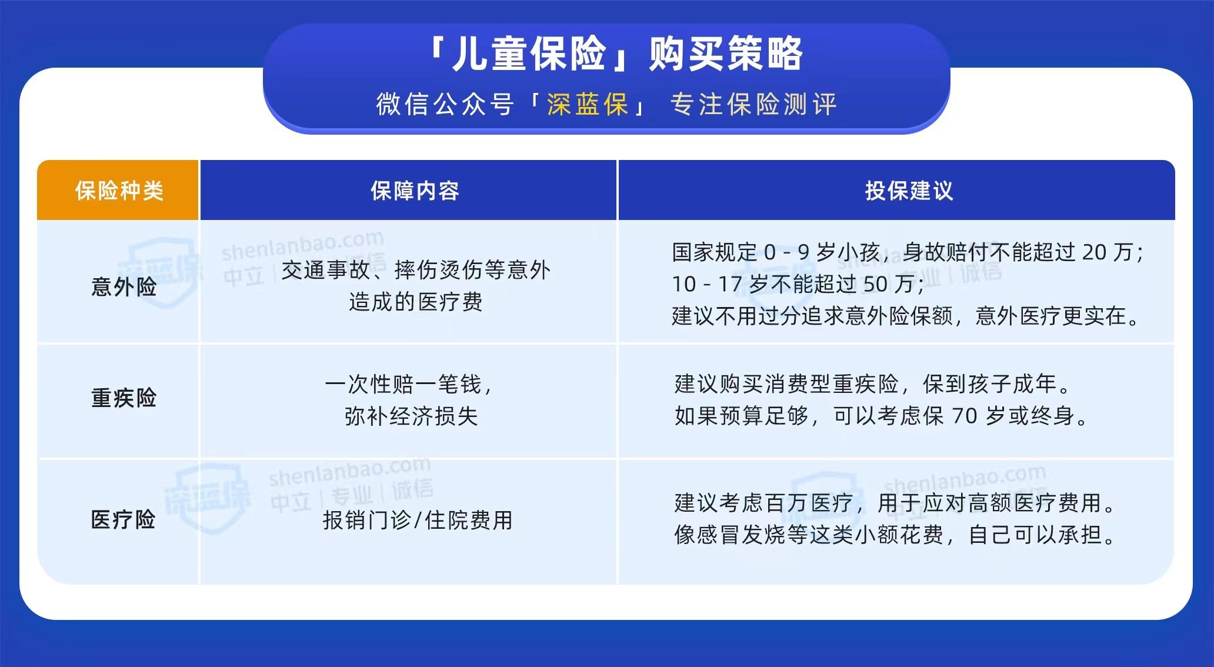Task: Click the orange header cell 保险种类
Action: (x=119, y=191)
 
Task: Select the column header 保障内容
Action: (x=415, y=191)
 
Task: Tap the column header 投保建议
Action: (x=909, y=191)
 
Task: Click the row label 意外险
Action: (x=124, y=287)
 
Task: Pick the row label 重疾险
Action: (x=124, y=398)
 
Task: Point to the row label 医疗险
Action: (x=124, y=520)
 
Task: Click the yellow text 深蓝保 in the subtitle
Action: (x=588, y=105)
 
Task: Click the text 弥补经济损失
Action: (x=411, y=416)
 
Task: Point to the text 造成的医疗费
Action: (x=415, y=302)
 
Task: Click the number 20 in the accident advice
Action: (x=1095, y=252)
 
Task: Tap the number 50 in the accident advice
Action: (x=875, y=284)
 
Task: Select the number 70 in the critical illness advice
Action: (x=965, y=416)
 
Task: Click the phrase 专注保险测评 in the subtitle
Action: (x=753, y=105)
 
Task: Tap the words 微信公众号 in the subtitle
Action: (x=445, y=105)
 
